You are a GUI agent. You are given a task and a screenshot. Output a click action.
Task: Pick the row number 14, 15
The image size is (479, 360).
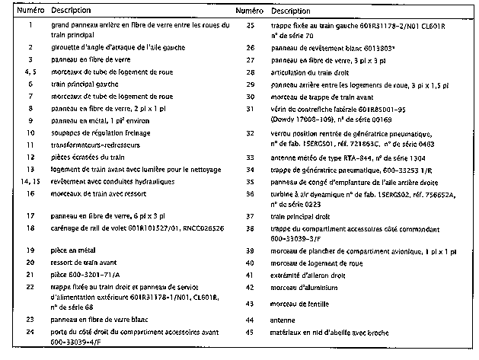(x=29, y=182)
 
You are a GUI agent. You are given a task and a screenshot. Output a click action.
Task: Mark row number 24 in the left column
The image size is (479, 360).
(x=29, y=332)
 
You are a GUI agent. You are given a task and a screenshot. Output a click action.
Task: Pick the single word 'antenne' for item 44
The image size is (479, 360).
(x=284, y=321)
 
